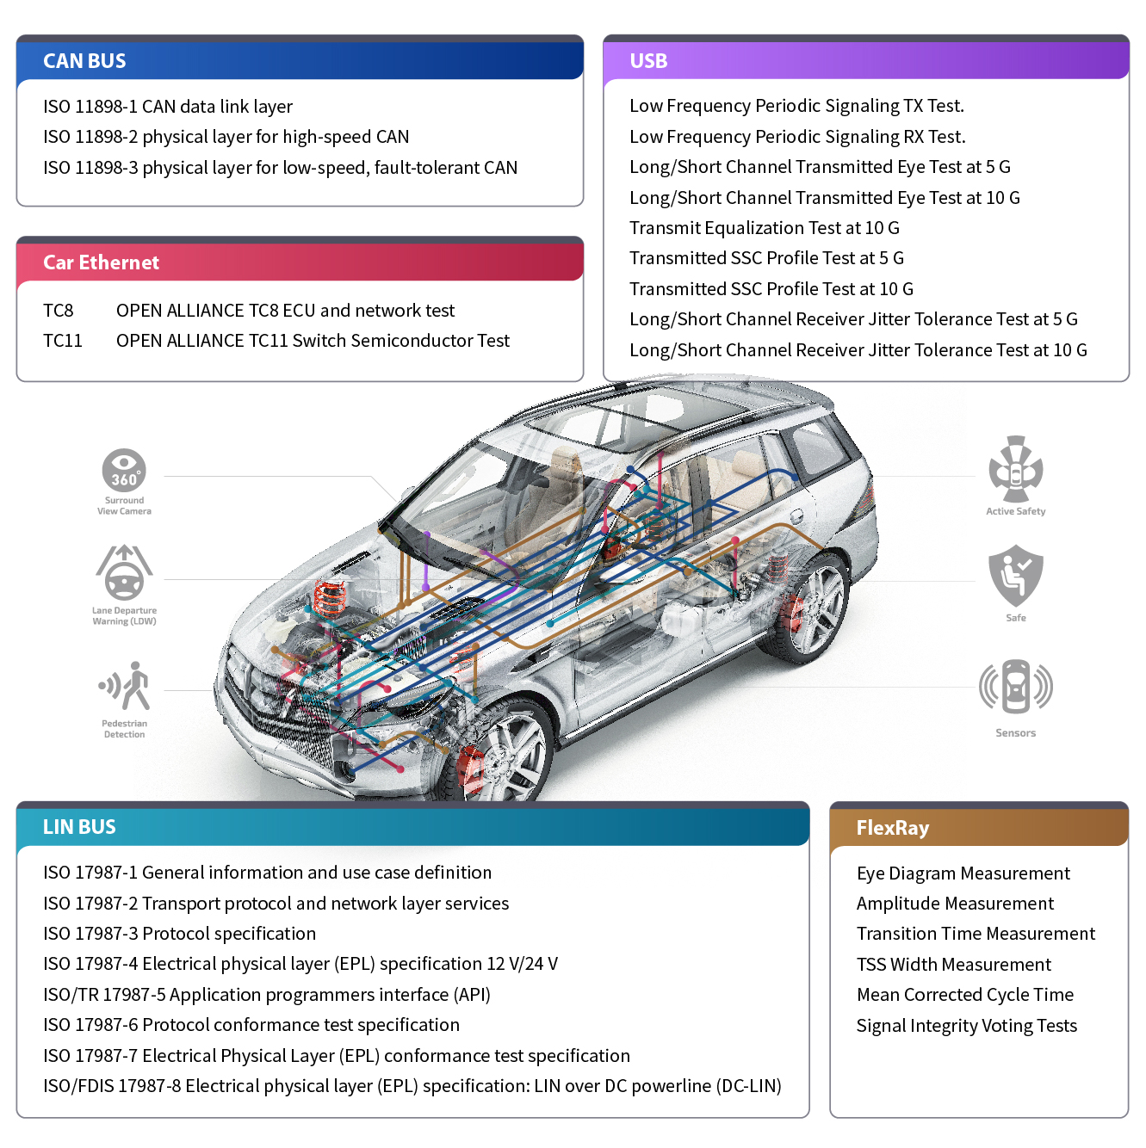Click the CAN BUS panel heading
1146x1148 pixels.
pyautogui.click(x=84, y=61)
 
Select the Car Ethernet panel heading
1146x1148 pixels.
pyautogui.click(x=101, y=262)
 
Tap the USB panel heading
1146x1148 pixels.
pyautogui.click(x=648, y=61)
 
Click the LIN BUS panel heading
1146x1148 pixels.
pyautogui.click(x=79, y=827)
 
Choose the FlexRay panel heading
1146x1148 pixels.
pyautogui.click(x=892, y=828)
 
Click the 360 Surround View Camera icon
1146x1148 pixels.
pyautogui.click(x=124, y=471)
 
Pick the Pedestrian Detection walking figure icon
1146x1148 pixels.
pyautogui.click(x=126, y=686)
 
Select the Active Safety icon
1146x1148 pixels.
pyautogui.click(x=1016, y=469)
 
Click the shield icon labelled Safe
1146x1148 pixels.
pyautogui.click(x=1016, y=575)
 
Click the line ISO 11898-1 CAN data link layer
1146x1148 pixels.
pyautogui.click(x=168, y=107)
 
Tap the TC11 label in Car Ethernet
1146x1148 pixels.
pyautogui.click(x=63, y=341)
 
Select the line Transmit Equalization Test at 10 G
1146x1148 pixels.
pyautogui.click(x=764, y=228)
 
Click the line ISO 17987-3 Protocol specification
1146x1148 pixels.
pyautogui.click(x=179, y=934)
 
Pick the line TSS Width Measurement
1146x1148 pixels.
pyautogui.click(x=954, y=965)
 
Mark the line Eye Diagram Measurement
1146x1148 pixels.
pyautogui.click(x=963, y=873)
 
